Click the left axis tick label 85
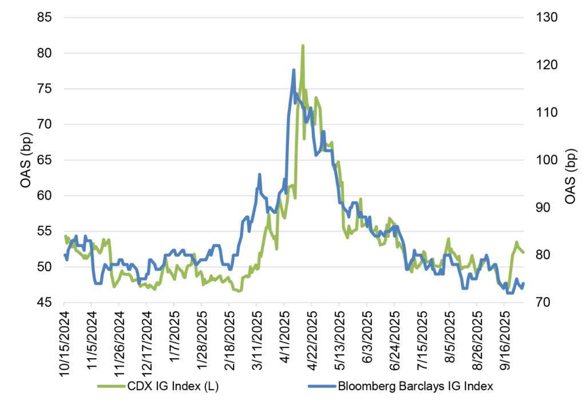(45, 18)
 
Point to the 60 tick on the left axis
(45, 196)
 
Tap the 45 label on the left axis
(45, 303)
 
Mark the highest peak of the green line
(302, 46)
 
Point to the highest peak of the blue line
(294, 70)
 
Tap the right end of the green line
(523, 252)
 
